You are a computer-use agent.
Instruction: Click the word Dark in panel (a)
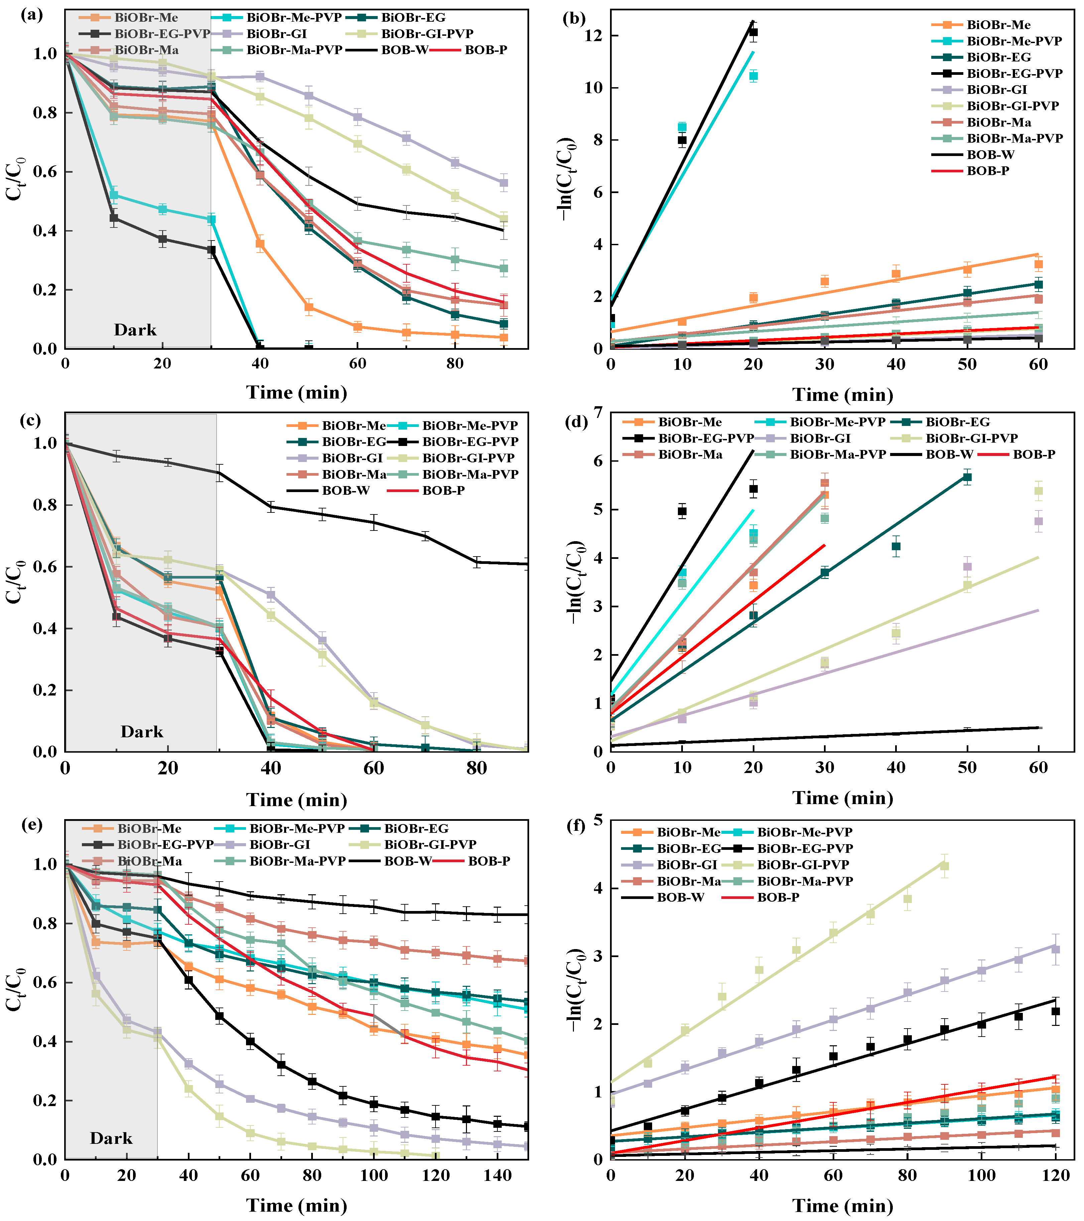point(135,330)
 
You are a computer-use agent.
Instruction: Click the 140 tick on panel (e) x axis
point(497,1177)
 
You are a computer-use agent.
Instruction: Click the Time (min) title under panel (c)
point(296,800)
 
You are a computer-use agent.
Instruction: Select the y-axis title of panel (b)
point(565,179)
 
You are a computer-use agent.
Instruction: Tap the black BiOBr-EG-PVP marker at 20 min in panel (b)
point(753,32)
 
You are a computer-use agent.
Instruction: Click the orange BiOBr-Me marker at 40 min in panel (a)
point(260,243)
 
